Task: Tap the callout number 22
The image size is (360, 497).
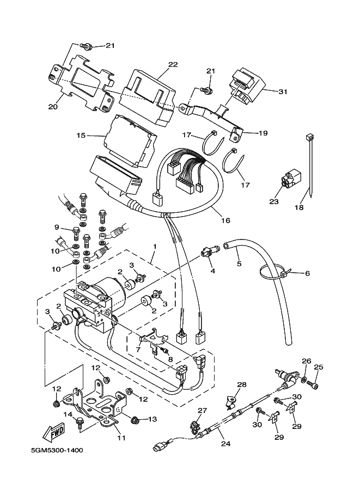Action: pyautogui.click(x=173, y=65)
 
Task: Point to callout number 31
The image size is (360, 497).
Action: pyautogui.click(x=283, y=91)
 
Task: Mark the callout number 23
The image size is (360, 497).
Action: pyautogui.click(x=273, y=201)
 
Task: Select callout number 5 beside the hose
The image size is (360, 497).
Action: pyautogui.click(x=239, y=264)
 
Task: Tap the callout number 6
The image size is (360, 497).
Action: pyautogui.click(x=307, y=273)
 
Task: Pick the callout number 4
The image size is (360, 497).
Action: pyautogui.click(x=212, y=271)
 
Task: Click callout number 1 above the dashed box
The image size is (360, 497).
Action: pyautogui.click(x=155, y=247)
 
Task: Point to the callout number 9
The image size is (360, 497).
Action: pyautogui.click(x=56, y=227)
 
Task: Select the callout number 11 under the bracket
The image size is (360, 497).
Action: pyautogui.click(x=121, y=438)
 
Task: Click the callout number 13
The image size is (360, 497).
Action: pyautogui.click(x=152, y=419)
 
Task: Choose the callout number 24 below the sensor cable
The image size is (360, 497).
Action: pyautogui.click(x=225, y=444)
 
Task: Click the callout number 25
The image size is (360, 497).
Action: pyautogui.click(x=319, y=367)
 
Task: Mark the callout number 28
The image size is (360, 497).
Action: pyautogui.click(x=242, y=384)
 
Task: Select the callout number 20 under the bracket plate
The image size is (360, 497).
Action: pyautogui.click(x=53, y=107)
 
